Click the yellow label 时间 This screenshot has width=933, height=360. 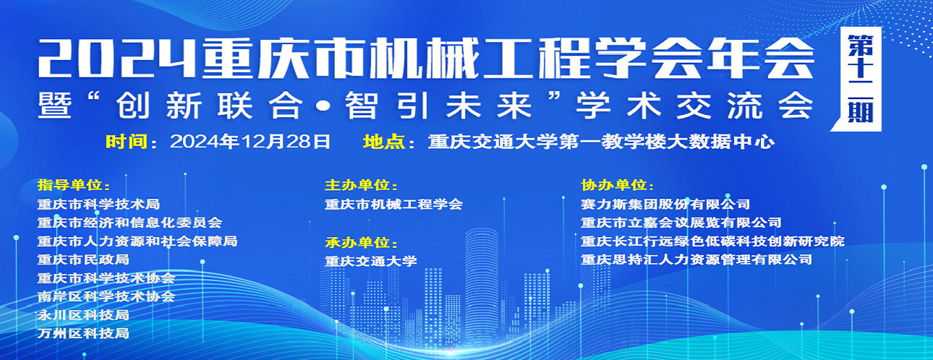click(126, 142)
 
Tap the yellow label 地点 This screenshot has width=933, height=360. click(383, 142)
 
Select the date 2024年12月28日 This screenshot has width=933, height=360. click(250, 142)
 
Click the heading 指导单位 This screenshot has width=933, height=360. click(70, 185)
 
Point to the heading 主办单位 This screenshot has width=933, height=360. click(357, 185)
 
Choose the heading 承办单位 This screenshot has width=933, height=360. click(357, 242)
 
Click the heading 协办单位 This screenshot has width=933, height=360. click(613, 185)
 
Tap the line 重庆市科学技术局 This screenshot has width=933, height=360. click(98, 204)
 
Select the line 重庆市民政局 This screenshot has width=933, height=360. click(83, 260)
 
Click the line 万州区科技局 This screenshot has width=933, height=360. click(83, 333)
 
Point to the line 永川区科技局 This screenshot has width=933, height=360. click(83, 314)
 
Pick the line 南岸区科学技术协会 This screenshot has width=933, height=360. click(106, 296)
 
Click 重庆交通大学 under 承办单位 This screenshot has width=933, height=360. click(371, 261)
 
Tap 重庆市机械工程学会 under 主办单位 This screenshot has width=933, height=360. click(393, 204)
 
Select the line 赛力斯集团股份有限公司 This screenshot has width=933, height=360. click(665, 204)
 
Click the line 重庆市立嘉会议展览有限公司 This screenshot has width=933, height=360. click(681, 222)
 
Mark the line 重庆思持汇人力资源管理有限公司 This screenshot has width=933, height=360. click(696, 260)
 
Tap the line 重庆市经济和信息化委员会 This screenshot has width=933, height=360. click(129, 222)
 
